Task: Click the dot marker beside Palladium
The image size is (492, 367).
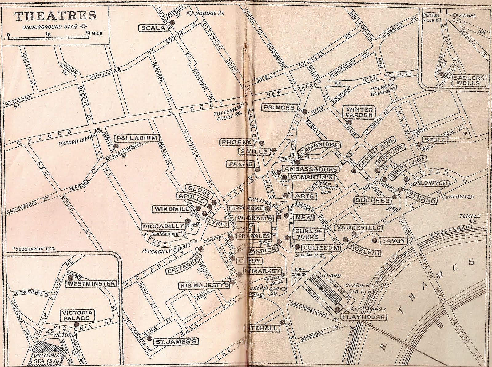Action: point(116,146)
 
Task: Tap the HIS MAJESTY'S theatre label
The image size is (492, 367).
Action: point(204,286)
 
